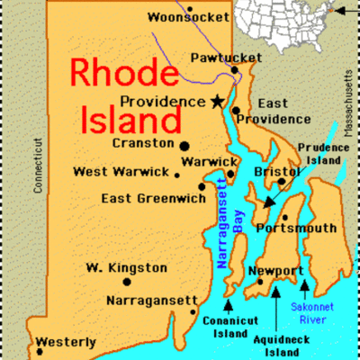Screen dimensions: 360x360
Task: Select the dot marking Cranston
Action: point(184,145)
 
